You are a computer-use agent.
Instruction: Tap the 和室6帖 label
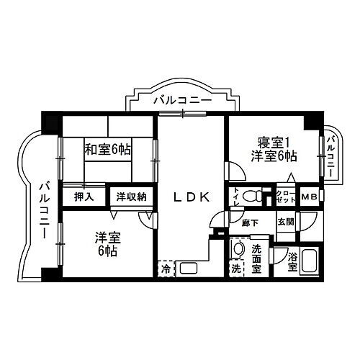(x=107, y=150)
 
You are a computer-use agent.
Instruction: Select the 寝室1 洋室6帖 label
(x=273, y=149)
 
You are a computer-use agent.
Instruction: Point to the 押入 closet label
(x=83, y=195)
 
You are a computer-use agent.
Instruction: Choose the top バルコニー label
(x=182, y=102)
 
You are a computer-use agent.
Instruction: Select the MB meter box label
(x=310, y=197)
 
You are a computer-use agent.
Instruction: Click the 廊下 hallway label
(x=251, y=222)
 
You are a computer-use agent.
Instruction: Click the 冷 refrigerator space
(x=165, y=269)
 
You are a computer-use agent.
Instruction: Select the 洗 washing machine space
(x=235, y=269)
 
